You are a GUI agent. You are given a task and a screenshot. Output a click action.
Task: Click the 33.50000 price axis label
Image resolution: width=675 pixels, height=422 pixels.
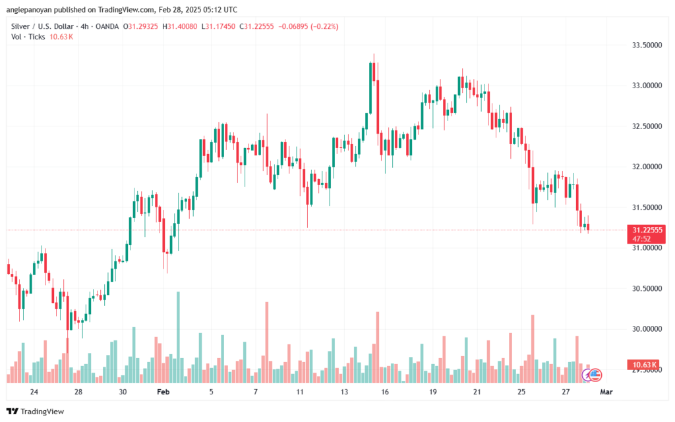645,45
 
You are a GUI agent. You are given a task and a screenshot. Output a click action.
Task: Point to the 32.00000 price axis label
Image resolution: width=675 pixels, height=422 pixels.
645,167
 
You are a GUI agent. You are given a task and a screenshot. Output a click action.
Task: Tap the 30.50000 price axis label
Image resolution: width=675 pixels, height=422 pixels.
645,288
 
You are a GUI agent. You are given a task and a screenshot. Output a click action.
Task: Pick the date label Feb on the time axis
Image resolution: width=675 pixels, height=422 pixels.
163,391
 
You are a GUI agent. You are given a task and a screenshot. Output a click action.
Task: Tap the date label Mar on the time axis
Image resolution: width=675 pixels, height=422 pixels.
607,391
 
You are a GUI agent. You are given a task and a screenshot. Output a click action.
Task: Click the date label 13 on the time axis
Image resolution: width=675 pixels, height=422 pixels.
344,391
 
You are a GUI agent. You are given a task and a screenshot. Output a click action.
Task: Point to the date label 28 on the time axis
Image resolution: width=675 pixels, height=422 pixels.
78,391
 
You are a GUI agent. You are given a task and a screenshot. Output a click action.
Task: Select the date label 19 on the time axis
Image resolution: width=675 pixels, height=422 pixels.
432,391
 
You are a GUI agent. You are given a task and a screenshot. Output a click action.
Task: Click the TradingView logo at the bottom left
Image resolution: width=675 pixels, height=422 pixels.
36,411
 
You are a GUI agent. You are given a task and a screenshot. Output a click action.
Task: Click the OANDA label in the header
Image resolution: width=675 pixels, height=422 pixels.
107,26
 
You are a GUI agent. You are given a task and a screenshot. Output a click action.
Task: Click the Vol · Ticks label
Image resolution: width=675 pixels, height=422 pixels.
27,37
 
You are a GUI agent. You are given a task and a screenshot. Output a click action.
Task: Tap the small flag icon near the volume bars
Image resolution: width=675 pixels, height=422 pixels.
595,374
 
